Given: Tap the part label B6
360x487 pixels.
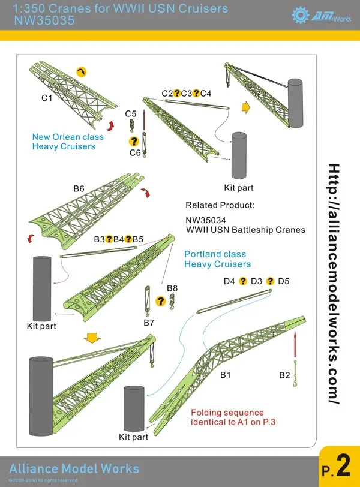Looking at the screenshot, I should (79, 189).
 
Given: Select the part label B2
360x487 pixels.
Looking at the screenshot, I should (284, 375).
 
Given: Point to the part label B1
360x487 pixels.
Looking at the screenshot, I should (226, 375).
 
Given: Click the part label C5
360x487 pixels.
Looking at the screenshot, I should (131, 113).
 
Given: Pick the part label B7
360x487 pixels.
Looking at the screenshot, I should (149, 323).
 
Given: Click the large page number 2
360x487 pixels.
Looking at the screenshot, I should (343, 466).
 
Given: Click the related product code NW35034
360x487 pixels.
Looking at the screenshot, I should (209, 219).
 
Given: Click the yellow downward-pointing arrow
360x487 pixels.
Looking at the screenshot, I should (91, 338).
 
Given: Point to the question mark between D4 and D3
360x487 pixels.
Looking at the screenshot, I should (243, 281).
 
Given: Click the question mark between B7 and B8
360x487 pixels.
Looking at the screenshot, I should (160, 301).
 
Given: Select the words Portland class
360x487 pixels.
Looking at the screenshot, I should (215, 254).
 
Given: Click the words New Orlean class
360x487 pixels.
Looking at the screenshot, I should (68, 137).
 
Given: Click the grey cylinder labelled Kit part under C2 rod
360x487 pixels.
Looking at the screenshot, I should (239, 154).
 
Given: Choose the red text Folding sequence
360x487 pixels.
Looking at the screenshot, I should (227, 413).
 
